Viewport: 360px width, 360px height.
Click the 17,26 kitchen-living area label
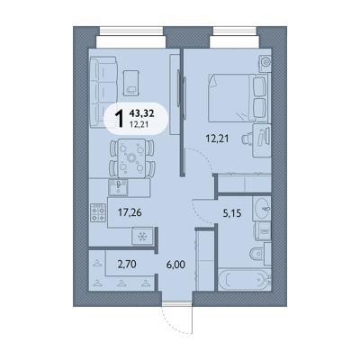(130, 212)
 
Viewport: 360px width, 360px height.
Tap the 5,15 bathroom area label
(232, 213)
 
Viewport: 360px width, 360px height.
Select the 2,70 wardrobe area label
(127, 265)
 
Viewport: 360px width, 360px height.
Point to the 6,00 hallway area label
(175, 265)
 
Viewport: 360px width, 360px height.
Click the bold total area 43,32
(141, 113)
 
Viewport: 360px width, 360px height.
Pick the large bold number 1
(120, 119)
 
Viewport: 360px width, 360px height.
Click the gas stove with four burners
(98, 212)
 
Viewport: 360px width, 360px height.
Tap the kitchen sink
(118, 187)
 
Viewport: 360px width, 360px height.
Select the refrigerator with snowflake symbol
(143, 237)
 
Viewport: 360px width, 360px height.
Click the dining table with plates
(131, 157)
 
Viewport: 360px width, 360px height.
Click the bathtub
(245, 281)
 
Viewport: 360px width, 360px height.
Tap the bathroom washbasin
(262, 207)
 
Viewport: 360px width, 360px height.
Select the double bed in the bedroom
(237, 98)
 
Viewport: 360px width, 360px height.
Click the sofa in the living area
(103, 92)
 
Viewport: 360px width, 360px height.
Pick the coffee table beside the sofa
(131, 83)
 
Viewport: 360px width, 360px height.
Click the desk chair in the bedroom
(247, 139)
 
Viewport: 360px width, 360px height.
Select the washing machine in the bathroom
(263, 230)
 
